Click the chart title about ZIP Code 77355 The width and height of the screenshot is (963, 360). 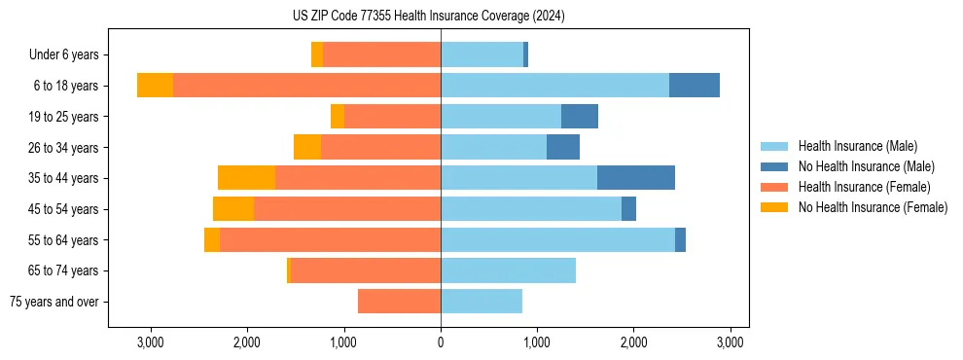[x=428, y=17]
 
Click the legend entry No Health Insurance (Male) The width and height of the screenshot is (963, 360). [x=866, y=166]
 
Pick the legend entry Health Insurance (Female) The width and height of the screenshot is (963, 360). [x=864, y=187]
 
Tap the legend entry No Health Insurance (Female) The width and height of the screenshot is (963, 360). [x=873, y=207]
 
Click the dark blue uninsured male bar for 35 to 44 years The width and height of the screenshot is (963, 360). [x=636, y=178]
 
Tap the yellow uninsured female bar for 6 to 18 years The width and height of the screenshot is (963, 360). [x=155, y=86]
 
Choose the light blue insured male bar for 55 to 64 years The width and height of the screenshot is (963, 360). [x=557, y=239]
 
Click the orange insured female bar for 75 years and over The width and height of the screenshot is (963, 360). [x=399, y=302]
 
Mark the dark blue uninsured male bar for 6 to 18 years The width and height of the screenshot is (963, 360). [x=695, y=86]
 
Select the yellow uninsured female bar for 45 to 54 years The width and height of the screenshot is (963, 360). [x=233, y=209]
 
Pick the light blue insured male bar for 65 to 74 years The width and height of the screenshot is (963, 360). [x=508, y=270]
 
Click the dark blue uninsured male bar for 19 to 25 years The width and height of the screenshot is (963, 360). [x=580, y=117]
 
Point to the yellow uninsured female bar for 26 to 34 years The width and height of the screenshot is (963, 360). [x=307, y=147]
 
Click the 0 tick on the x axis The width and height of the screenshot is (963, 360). [x=441, y=342]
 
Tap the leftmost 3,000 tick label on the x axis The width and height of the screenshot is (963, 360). [x=150, y=342]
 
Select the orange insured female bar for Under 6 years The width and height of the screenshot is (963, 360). [x=381, y=55]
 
